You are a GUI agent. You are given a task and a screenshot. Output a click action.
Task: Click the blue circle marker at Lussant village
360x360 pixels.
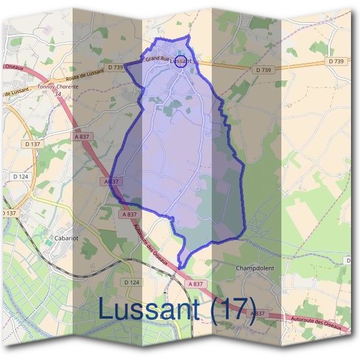coord(181,61)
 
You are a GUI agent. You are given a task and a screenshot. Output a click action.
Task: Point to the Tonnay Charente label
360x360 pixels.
coord(58,87)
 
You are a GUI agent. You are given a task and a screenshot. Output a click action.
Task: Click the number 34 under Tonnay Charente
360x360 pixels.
coord(58,94)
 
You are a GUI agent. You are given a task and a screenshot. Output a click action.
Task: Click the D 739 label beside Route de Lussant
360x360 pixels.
coord(115,67)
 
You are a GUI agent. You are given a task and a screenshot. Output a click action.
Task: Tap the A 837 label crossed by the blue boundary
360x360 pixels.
coord(112,181)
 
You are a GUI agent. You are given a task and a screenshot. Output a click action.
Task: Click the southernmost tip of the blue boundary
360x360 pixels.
coord(181,268)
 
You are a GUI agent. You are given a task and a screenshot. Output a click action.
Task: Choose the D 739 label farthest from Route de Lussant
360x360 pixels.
coord(337,61)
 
